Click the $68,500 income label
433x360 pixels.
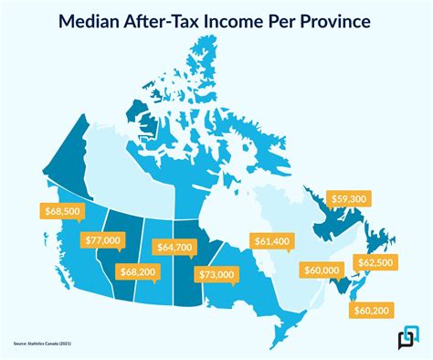(62, 211)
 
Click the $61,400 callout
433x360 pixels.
(271, 240)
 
